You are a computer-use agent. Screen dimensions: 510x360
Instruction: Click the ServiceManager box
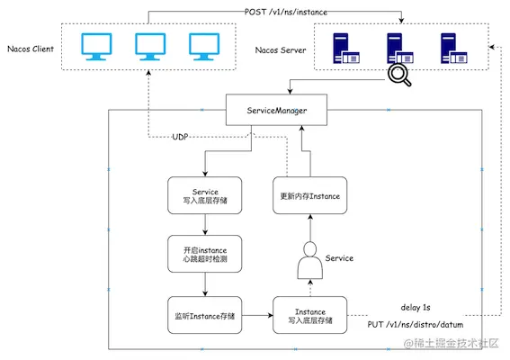point(276,110)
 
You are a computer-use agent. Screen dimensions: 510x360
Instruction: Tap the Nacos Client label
point(31,49)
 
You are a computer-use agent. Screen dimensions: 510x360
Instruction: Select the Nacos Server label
point(281,50)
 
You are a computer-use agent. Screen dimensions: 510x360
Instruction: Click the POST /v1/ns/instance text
point(286,12)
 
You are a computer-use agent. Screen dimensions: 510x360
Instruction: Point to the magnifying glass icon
point(399,75)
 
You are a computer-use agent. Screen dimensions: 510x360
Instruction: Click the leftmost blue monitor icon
point(96,47)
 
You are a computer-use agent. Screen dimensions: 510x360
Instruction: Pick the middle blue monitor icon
point(150,47)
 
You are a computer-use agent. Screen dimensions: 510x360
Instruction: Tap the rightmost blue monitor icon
point(204,47)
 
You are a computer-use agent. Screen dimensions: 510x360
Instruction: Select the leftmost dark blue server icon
point(346,49)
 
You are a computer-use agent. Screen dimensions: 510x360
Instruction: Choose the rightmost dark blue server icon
point(454,49)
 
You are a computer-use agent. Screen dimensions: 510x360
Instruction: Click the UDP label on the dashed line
point(180,137)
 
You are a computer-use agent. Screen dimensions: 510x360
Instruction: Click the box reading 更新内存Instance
point(310,195)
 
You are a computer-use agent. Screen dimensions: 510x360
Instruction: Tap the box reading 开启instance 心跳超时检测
point(204,254)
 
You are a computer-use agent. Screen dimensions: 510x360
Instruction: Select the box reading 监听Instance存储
point(204,315)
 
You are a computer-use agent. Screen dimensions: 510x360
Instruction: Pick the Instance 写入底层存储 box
point(310,315)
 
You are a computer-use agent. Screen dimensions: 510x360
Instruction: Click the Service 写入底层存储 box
point(204,195)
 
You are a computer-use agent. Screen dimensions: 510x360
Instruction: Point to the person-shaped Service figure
point(310,260)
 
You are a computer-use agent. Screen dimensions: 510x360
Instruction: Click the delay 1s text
point(416,307)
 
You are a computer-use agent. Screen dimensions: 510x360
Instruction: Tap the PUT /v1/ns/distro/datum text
point(416,324)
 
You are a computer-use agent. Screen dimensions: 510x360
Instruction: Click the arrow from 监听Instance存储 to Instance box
point(257,315)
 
